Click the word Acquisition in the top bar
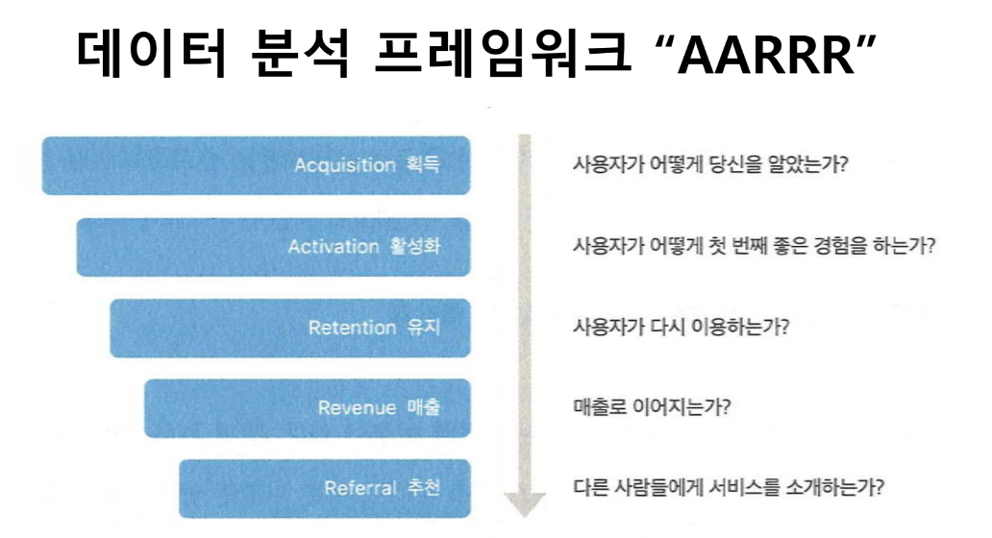[x=344, y=165]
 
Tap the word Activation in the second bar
[x=334, y=247]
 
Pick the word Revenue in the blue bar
[x=357, y=408]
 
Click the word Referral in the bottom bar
[x=360, y=489]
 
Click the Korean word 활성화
[x=416, y=247]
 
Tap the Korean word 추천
[x=424, y=489]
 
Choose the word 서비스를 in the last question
[x=749, y=487]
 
